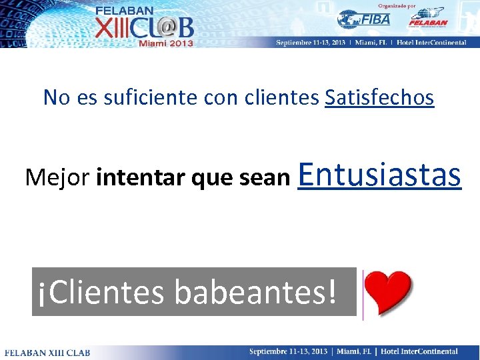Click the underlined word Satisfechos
click(379, 98)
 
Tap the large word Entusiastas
click(381, 175)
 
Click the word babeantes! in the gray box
click(255, 292)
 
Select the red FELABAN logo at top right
click(427, 18)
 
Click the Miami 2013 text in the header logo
click(165, 43)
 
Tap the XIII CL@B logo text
click(144, 27)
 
